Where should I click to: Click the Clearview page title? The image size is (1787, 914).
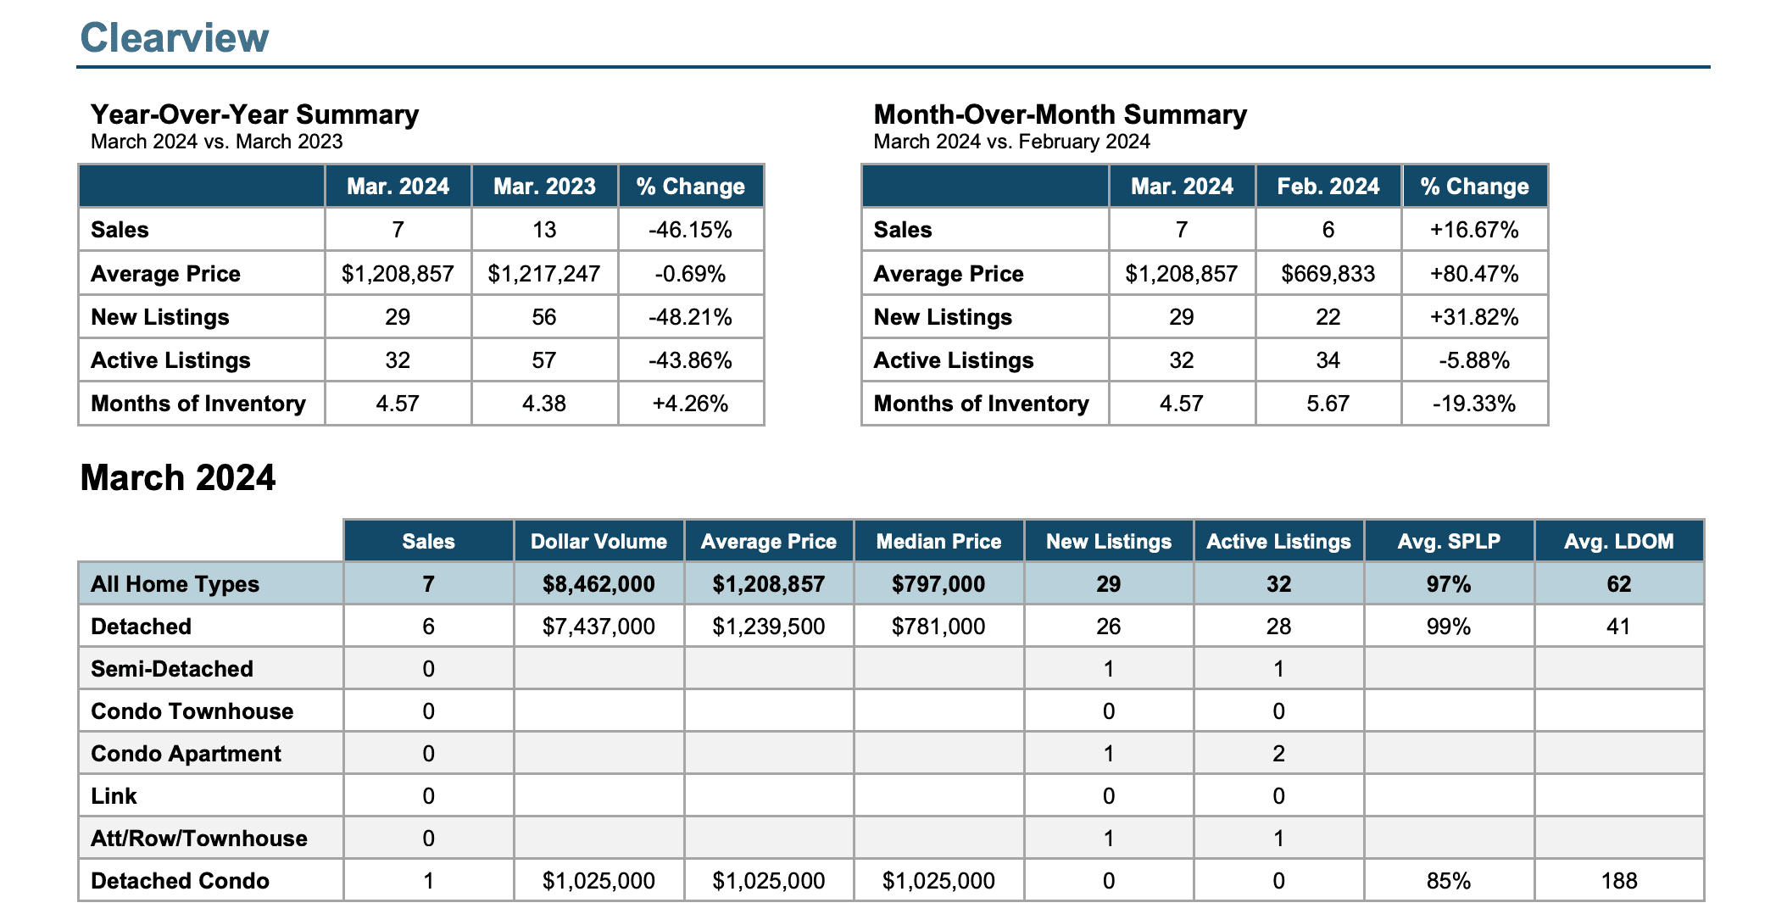pyautogui.click(x=175, y=38)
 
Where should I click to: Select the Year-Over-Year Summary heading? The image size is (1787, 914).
pyautogui.click(x=254, y=114)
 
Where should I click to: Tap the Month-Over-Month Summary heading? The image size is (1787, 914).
pyautogui.click(x=1060, y=114)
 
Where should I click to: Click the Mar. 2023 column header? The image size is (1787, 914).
pyautogui.click(x=544, y=187)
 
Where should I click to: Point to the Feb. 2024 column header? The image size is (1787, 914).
pyautogui.click(x=1328, y=187)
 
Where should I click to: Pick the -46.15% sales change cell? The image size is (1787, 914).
pyautogui.click(x=690, y=230)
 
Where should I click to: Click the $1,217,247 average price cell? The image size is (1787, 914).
pyautogui.click(x=544, y=274)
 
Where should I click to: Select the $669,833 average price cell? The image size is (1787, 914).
pyautogui.click(x=1328, y=274)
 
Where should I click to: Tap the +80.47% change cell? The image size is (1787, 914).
pyautogui.click(x=1474, y=274)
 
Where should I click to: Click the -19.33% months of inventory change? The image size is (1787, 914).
pyautogui.click(x=1474, y=404)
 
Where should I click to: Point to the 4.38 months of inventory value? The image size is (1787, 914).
pyautogui.click(x=544, y=404)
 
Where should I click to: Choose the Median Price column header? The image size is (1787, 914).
pyautogui.click(x=938, y=542)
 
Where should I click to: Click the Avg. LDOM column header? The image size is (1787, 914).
pyautogui.click(x=1618, y=542)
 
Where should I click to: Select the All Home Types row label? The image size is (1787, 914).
pyautogui.click(x=175, y=584)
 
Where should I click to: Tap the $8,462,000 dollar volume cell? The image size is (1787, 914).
pyautogui.click(x=598, y=584)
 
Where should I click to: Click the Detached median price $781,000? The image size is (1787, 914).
pyautogui.click(x=938, y=627)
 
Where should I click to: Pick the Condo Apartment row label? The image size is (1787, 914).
pyautogui.click(x=186, y=754)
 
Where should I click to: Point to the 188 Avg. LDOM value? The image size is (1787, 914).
pyautogui.click(x=1618, y=881)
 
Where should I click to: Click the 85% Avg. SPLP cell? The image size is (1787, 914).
pyautogui.click(x=1449, y=881)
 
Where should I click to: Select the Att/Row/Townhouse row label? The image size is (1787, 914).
pyautogui.click(x=199, y=839)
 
